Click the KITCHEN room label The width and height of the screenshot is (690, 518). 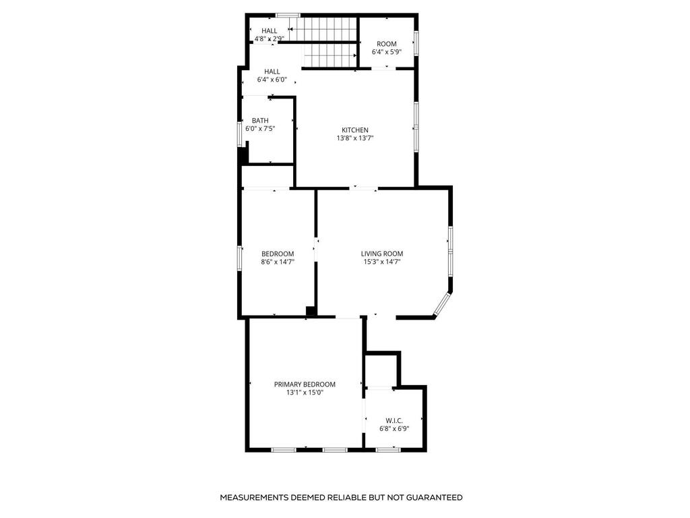click(x=354, y=130)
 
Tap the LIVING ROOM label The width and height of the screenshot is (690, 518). click(x=382, y=254)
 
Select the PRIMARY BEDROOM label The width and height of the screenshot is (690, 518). click(x=305, y=384)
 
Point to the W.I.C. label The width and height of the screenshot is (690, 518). click(x=394, y=421)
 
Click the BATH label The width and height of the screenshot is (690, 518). click(x=260, y=121)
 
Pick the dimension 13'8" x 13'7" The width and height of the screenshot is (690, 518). click(x=355, y=138)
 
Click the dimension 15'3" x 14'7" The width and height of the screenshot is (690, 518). click(x=382, y=262)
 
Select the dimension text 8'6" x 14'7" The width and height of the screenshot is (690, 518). click(x=278, y=262)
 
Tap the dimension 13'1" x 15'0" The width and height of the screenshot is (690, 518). click(x=305, y=393)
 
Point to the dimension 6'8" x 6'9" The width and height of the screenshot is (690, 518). click(x=394, y=428)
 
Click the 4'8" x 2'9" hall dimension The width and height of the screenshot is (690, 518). click(x=270, y=38)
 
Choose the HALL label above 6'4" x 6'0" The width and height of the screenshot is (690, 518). click(x=272, y=71)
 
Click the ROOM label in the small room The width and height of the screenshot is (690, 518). click(x=387, y=44)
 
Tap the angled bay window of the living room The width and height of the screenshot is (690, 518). click(x=442, y=304)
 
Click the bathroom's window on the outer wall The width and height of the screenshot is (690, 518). click(x=240, y=134)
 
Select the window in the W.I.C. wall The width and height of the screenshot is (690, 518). click(x=388, y=450)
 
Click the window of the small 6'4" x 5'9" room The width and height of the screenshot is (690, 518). click(x=415, y=43)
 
